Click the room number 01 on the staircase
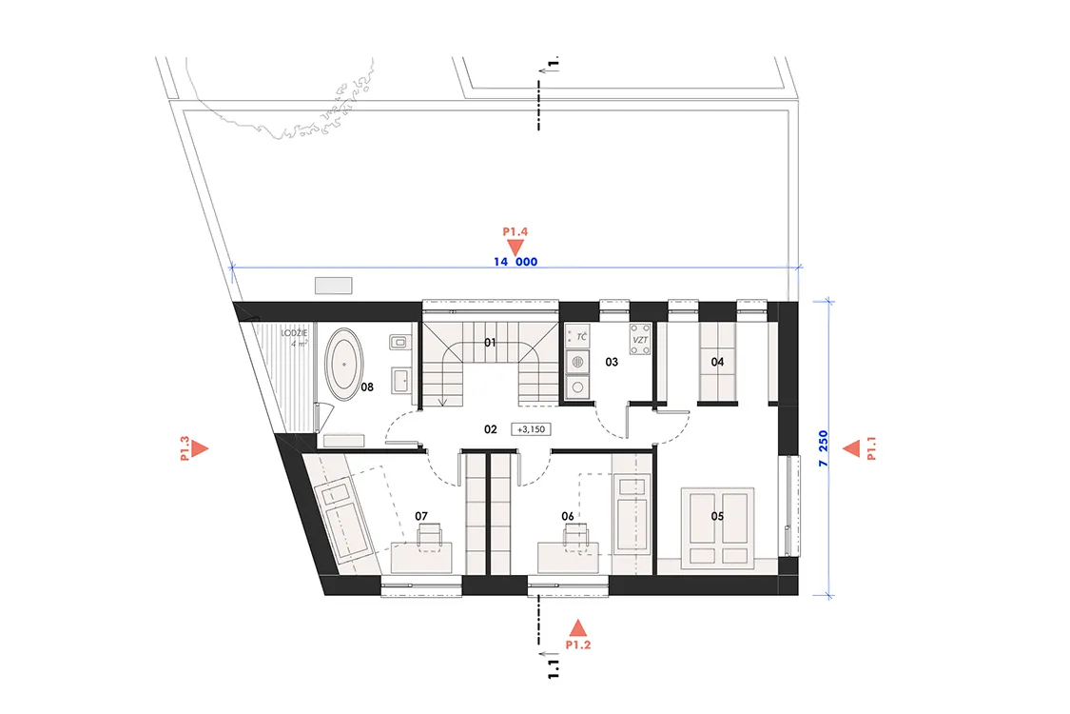pyautogui.click(x=490, y=343)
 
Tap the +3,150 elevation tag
pyautogui.click(x=531, y=429)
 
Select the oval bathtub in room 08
pyautogui.click(x=344, y=365)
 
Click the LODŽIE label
pyautogui.click(x=294, y=333)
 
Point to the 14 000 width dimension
pyautogui.click(x=516, y=262)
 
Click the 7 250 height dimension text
pyautogui.click(x=823, y=449)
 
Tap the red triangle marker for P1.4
pyautogui.click(x=516, y=248)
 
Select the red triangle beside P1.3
pyautogui.click(x=200, y=449)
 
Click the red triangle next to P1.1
pyautogui.click(x=851, y=449)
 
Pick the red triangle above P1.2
pyautogui.click(x=578, y=628)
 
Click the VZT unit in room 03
pyautogui.click(x=640, y=339)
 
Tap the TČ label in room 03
pyautogui.click(x=581, y=337)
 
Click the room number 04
pyautogui.click(x=717, y=362)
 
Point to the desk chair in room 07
pyautogui.click(x=429, y=536)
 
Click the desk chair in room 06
pyautogui.click(x=576, y=536)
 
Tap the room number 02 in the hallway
pyautogui.click(x=490, y=429)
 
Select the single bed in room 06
pyautogui.click(x=632, y=515)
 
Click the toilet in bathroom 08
pyautogui.click(x=399, y=342)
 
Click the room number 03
pyautogui.click(x=612, y=362)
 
